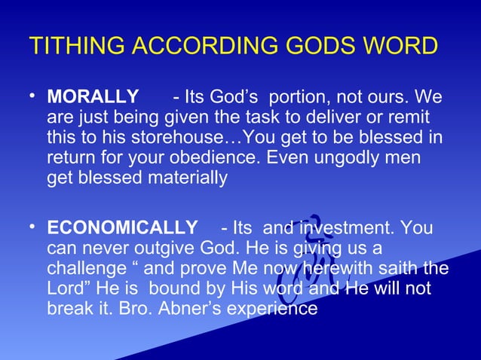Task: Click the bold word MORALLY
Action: pyautogui.click(x=93, y=99)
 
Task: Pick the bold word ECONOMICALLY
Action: pyautogui.click(x=122, y=227)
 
